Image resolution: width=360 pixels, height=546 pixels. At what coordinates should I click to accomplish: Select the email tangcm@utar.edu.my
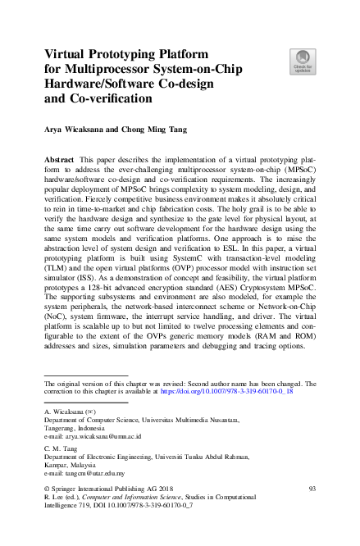click(x=83, y=473)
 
